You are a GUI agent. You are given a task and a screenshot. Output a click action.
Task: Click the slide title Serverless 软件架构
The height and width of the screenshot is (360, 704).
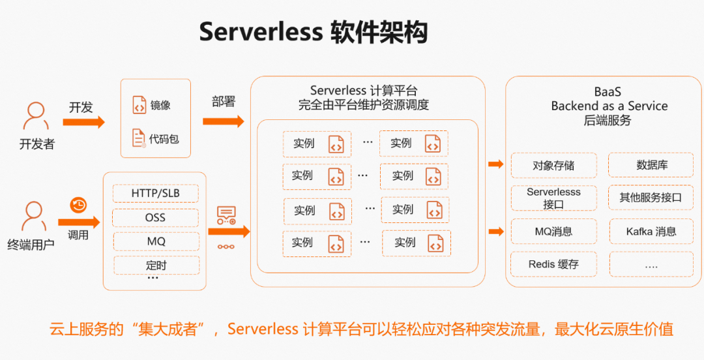pyautogui.click(x=313, y=31)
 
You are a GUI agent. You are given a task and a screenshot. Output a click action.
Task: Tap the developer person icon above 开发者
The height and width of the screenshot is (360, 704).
pyautogui.click(x=36, y=117)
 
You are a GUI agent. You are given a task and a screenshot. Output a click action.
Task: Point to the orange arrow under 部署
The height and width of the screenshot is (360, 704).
pyautogui.click(x=223, y=121)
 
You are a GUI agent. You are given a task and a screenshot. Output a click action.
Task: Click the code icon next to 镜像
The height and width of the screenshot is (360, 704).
pyautogui.click(x=139, y=105)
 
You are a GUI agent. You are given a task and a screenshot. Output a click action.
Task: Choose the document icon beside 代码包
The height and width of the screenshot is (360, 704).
pyautogui.click(x=139, y=138)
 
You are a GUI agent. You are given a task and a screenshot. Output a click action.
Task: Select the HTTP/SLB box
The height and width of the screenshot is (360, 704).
pyautogui.click(x=155, y=194)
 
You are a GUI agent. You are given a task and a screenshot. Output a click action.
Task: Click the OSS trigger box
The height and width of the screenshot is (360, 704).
pyautogui.click(x=155, y=218)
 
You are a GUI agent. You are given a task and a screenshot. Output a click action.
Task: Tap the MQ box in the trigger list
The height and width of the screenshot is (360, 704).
pyautogui.click(x=156, y=241)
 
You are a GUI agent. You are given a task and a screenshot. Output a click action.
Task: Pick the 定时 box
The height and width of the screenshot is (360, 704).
pyautogui.click(x=156, y=265)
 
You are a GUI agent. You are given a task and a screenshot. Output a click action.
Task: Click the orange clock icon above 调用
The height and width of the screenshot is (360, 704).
pyautogui.click(x=78, y=205)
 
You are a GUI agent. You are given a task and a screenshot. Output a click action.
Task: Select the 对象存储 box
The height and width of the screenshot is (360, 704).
pyautogui.click(x=553, y=166)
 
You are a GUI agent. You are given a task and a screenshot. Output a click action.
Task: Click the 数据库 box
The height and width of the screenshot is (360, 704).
pyautogui.click(x=651, y=165)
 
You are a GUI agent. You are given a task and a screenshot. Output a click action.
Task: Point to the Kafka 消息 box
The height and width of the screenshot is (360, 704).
pyautogui.click(x=651, y=232)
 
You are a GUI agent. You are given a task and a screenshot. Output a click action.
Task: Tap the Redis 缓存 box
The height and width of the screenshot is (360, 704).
pyautogui.click(x=553, y=264)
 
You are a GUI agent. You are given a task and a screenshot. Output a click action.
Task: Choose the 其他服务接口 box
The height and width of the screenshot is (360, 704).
pyautogui.click(x=651, y=198)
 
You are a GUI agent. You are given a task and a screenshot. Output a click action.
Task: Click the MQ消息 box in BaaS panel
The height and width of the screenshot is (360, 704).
pyautogui.click(x=553, y=232)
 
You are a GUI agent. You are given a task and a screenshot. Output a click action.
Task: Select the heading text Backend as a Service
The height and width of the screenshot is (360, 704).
pyautogui.click(x=609, y=106)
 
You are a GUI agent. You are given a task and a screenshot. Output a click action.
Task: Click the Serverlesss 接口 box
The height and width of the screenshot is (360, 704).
pyautogui.click(x=553, y=198)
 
